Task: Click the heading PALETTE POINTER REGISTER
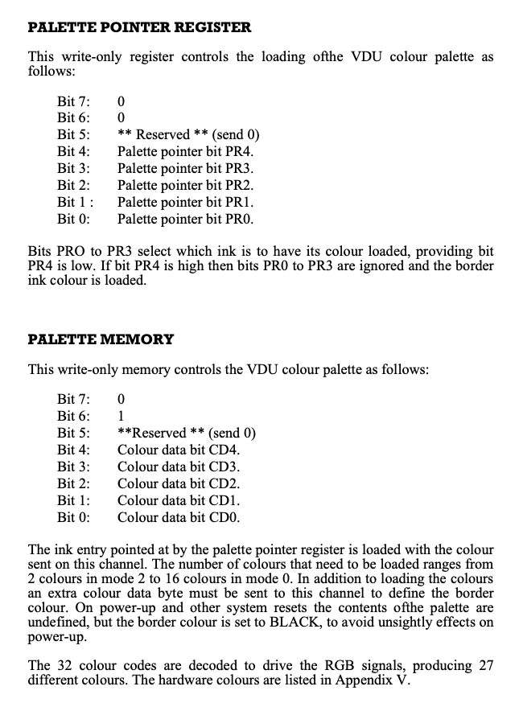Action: [x=140, y=27]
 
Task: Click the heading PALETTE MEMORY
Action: [x=101, y=339]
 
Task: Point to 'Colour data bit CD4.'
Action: [x=179, y=450]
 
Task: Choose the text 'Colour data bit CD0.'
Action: [x=179, y=517]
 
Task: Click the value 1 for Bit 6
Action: [x=121, y=416]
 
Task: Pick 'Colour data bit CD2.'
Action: [x=179, y=483]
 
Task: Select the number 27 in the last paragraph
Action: [x=485, y=665]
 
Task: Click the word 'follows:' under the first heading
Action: [x=51, y=72]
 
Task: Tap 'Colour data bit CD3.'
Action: [x=179, y=467]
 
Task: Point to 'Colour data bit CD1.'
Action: [x=179, y=500]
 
